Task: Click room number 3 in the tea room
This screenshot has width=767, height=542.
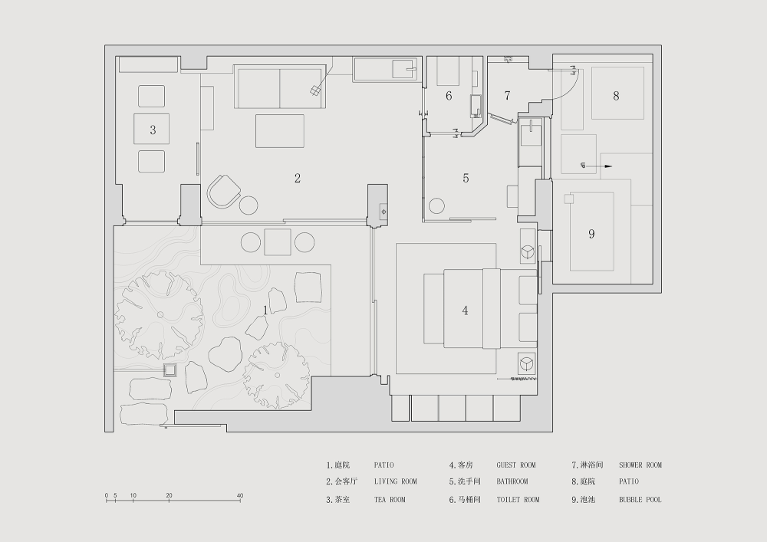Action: (153, 130)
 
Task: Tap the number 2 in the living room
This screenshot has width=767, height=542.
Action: (298, 179)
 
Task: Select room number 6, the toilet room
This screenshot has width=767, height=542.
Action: (449, 96)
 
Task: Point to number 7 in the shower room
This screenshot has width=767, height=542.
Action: (507, 96)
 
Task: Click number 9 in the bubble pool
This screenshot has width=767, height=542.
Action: (591, 234)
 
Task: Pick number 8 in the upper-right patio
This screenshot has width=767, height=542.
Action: (616, 96)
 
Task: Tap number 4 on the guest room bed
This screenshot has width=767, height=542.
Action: (465, 310)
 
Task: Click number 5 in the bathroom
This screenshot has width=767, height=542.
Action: (466, 179)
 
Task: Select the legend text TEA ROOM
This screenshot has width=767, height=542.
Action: (390, 500)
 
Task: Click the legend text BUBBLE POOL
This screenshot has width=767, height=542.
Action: (640, 500)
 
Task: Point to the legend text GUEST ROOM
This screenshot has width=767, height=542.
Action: (516, 465)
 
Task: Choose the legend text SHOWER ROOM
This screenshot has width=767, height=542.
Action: (640, 465)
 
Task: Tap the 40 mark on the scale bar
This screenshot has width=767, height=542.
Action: (240, 495)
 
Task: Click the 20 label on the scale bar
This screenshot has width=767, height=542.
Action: (169, 495)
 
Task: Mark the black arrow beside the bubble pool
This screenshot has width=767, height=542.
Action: (596, 166)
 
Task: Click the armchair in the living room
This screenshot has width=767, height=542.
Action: (224, 192)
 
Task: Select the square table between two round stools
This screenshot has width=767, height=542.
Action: (278, 242)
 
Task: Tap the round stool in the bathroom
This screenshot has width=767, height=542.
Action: (436, 206)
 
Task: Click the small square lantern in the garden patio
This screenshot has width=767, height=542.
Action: (170, 370)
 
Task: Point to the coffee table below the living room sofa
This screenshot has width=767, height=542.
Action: (280, 131)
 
